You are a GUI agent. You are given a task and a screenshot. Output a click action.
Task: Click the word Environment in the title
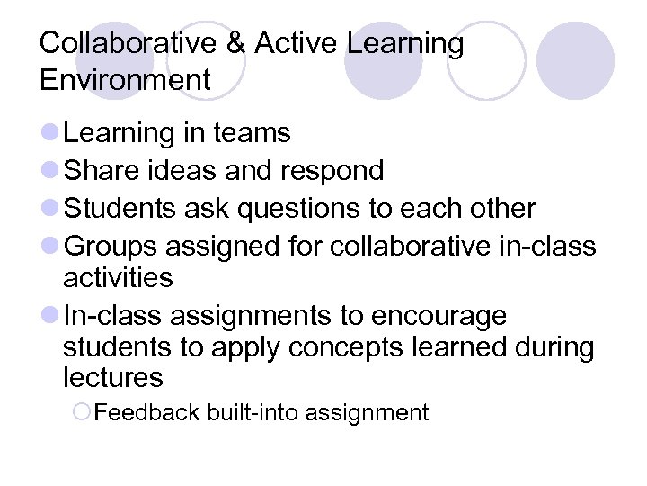point(125,80)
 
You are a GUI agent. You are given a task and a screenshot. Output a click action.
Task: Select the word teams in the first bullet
point(253,133)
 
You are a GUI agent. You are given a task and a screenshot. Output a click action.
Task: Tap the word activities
point(118,277)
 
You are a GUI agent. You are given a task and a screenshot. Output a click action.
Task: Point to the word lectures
point(113,378)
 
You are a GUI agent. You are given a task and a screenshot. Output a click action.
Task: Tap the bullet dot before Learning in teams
point(50,134)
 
